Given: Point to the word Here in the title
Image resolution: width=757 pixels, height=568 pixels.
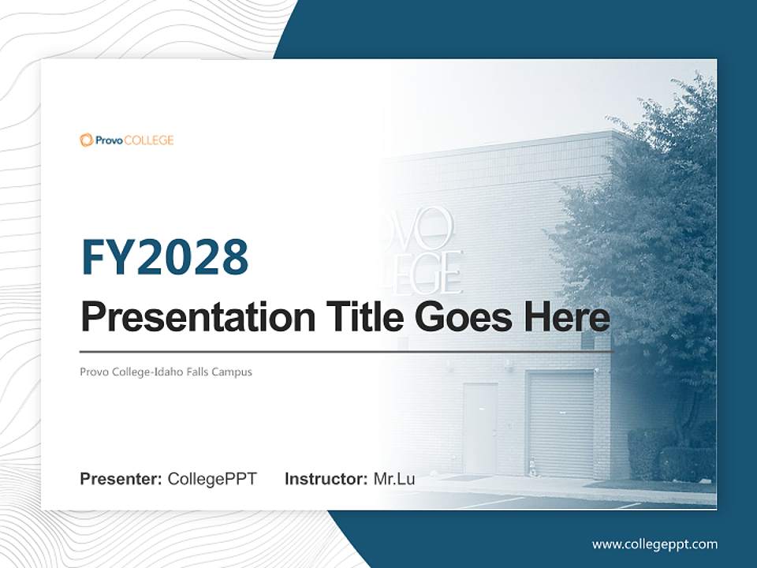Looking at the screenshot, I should point(565,317).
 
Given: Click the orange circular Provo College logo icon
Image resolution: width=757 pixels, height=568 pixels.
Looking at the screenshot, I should point(86,140).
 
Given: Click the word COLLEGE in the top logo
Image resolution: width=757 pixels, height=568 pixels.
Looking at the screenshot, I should point(148,140).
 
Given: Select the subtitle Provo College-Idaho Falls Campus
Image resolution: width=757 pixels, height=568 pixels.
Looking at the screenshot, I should point(166,372).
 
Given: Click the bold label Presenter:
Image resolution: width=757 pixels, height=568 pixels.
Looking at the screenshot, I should point(121,479).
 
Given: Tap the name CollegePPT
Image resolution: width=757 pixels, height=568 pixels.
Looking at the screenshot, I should point(212,479).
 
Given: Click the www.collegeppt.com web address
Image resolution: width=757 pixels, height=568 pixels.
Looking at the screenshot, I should point(654,544).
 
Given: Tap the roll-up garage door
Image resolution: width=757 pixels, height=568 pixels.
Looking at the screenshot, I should point(560,424).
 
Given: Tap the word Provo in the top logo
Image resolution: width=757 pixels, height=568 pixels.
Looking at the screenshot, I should point(109,140).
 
